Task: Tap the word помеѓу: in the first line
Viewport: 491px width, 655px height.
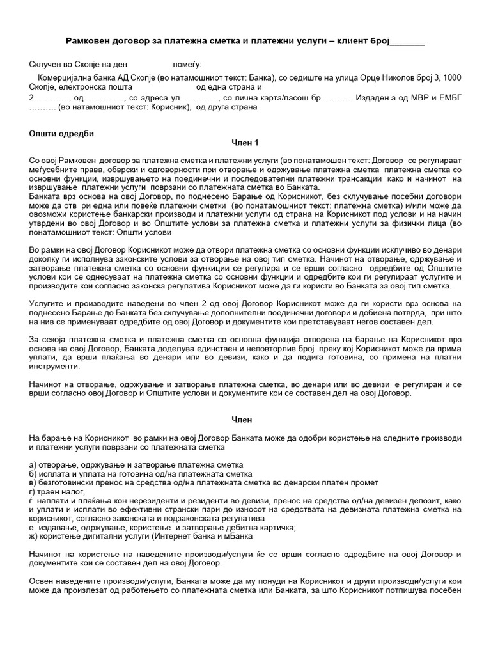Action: tap(187, 65)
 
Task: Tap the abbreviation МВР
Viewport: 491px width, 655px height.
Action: tap(407, 97)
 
